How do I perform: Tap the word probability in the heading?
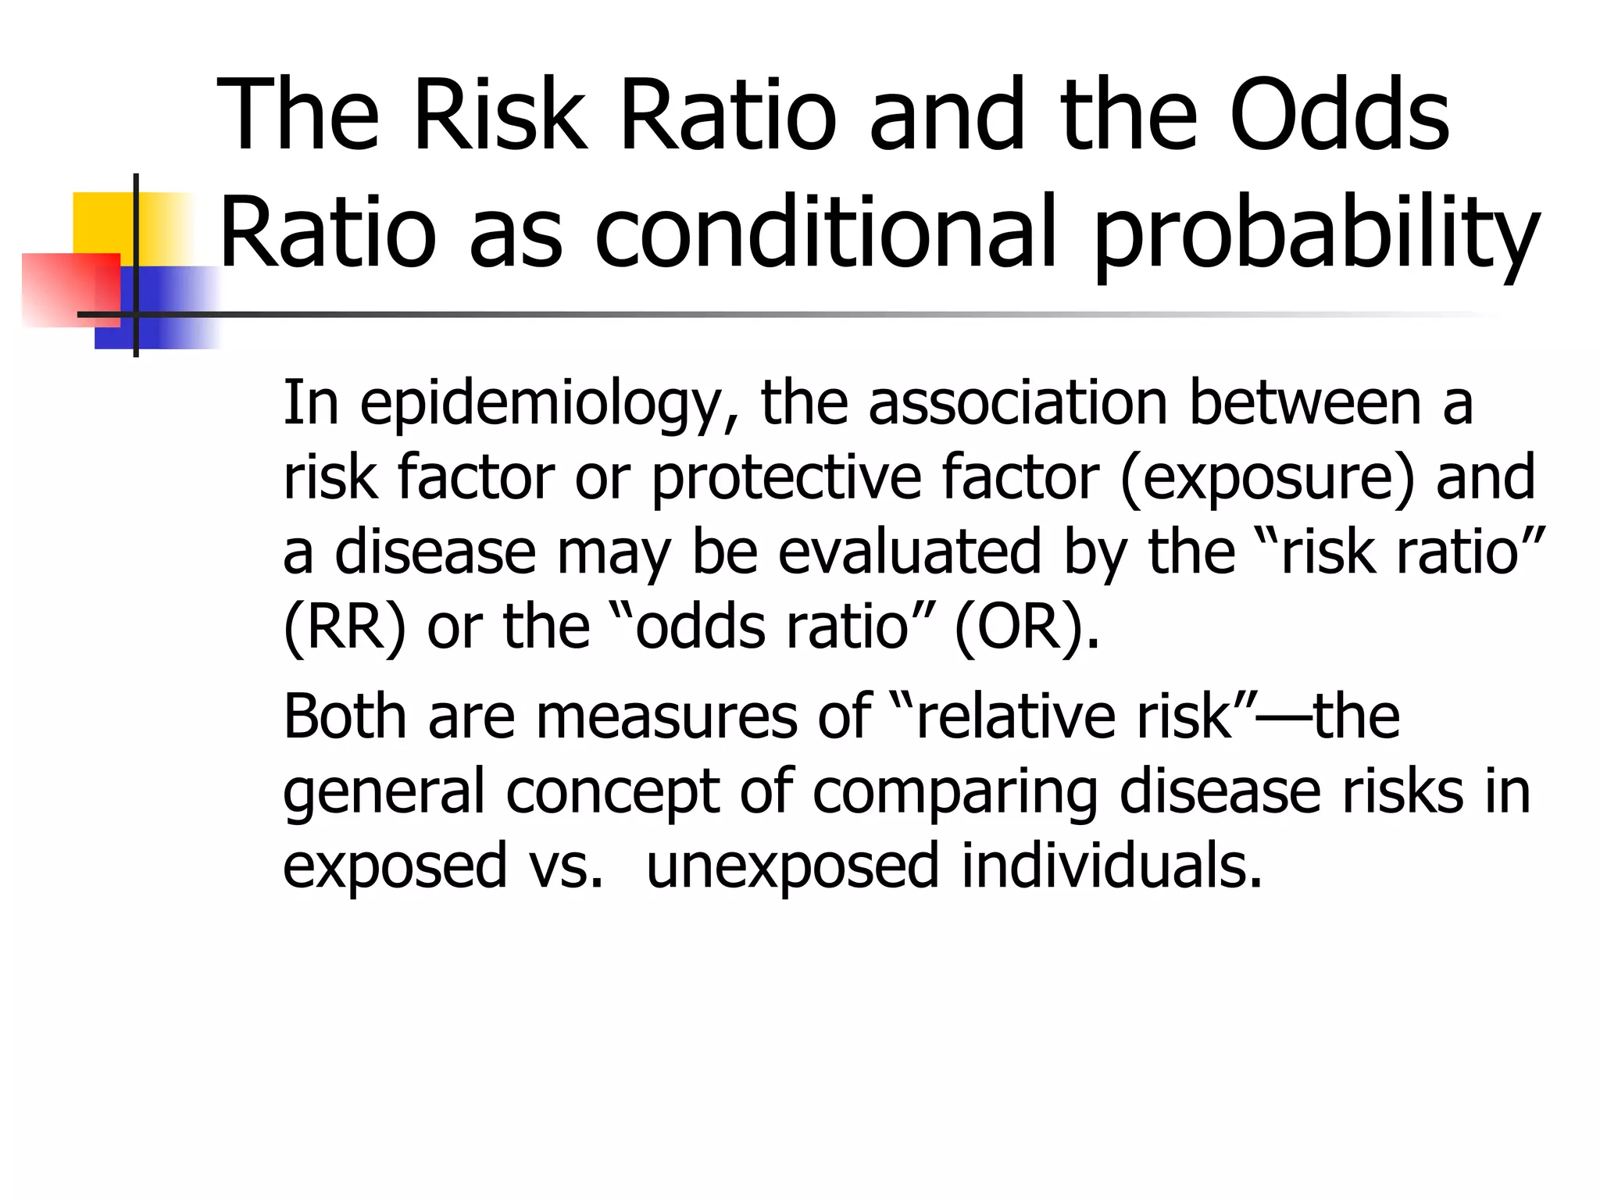click(1316, 234)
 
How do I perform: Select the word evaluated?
click(909, 552)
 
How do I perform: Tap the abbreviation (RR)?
click(345, 627)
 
